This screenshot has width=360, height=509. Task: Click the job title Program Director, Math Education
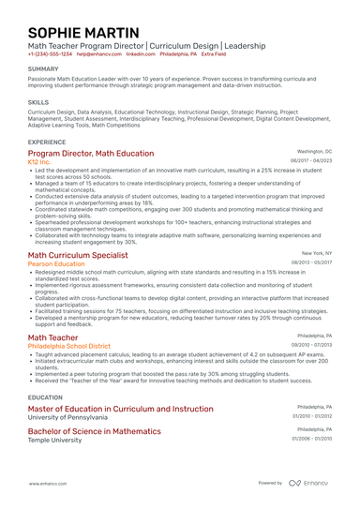tap(91, 152)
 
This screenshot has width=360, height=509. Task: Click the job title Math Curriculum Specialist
tap(78, 254)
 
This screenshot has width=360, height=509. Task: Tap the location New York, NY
tap(317, 253)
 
